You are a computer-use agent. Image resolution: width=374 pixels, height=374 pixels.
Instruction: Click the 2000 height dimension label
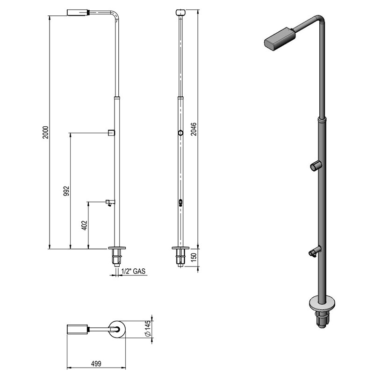point(45,132)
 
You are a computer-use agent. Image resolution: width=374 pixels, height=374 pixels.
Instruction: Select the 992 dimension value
point(66,191)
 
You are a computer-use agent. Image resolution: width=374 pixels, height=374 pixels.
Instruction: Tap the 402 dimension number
point(85,225)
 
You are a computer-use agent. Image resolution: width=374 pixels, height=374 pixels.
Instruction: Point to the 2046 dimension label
point(194,129)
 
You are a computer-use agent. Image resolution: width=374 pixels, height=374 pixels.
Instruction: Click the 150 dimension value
point(194,257)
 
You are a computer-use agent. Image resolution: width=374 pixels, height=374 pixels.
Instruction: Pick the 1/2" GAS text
point(133,271)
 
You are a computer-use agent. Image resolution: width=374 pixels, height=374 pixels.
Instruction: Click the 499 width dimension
point(96,364)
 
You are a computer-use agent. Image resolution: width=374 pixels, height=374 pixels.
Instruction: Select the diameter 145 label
point(148,329)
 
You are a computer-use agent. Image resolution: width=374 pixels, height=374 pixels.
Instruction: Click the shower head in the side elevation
point(78,13)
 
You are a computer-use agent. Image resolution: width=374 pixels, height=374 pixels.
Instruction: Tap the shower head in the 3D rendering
point(280,39)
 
